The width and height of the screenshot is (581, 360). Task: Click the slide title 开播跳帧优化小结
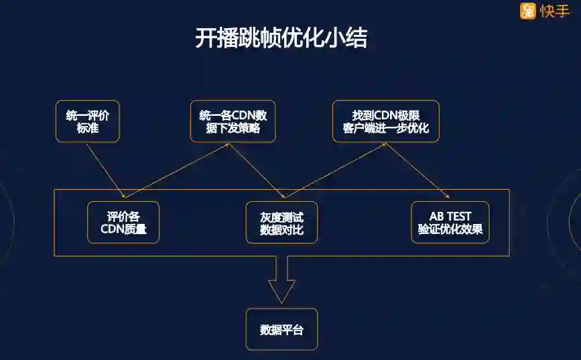pos(281,38)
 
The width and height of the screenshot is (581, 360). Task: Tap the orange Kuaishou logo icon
pos(528,11)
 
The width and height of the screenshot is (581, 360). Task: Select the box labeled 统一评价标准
pos(88,121)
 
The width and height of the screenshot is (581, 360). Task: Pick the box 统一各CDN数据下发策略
pos(233,121)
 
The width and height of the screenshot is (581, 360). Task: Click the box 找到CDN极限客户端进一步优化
pos(385,121)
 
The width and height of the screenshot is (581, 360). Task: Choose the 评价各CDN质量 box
pos(123,223)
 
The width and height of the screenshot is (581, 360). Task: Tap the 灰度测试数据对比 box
pos(281,223)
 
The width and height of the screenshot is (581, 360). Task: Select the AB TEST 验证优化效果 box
pos(450,223)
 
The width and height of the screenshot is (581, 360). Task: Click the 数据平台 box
pos(281,329)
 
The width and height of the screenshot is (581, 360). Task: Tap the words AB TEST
pos(450,217)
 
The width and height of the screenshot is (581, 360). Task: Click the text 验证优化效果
pos(450,230)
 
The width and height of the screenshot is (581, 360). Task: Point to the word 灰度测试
pos(281,217)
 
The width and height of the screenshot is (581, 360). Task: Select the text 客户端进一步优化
pos(385,128)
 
